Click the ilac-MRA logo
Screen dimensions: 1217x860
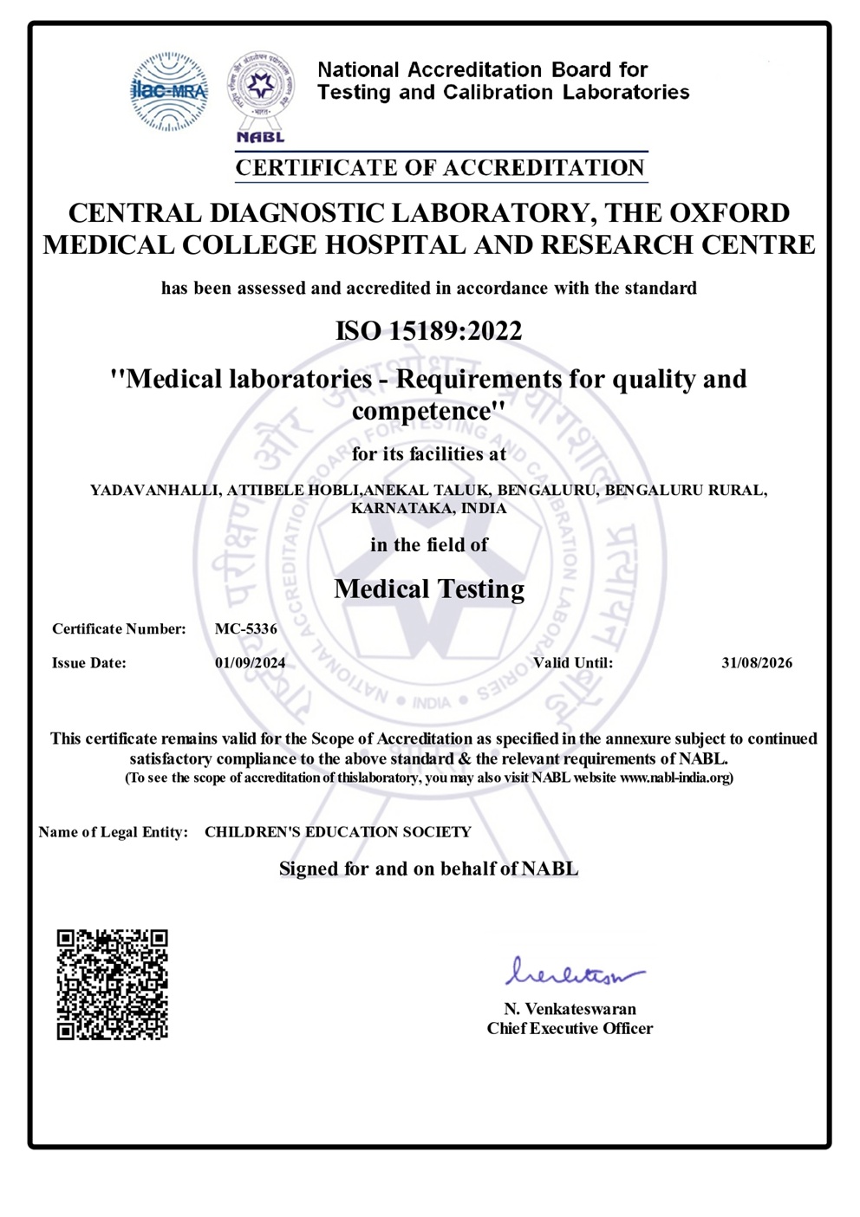pos(169,91)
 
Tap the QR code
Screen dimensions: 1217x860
pos(113,984)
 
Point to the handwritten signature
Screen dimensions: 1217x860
pos(574,973)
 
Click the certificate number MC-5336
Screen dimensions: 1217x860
pos(246,629)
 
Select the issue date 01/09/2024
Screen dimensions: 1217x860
pos(250,663)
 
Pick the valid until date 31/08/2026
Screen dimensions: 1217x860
pos(756,663)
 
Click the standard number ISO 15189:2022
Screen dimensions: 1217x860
pos(429,330)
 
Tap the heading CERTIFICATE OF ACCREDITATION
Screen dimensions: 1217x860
pos(440,167)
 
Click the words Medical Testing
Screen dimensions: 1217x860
pos(429,589)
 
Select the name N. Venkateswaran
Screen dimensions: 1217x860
pos(570,1009)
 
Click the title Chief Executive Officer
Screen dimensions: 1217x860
pos(570,1029)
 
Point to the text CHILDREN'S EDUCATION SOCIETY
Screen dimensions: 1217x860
pos(338,832)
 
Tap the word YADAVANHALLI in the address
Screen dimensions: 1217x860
pos(154,491)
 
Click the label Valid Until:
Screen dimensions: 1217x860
pos(573,663)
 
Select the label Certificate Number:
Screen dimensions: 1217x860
pos(119,629)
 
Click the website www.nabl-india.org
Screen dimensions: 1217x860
pos(674,778)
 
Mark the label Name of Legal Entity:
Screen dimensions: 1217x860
pos(113,832)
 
